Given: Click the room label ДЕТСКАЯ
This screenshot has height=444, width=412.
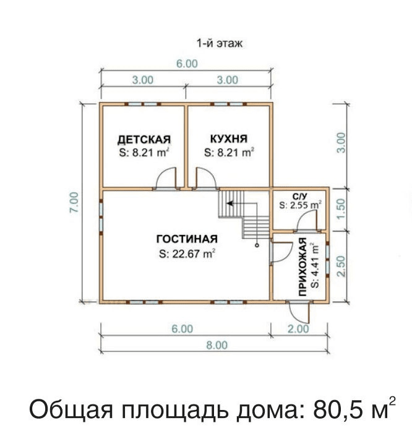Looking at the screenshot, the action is [x=144, y=140].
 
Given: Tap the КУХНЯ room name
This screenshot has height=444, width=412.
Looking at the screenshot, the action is [x=229, y=139].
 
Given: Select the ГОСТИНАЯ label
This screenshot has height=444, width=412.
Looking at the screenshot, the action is [x=187, y=239].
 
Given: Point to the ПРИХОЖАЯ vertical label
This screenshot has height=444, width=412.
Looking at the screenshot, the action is [x=303, y=267].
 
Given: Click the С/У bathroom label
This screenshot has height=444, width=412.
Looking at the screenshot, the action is [x=300, y=196].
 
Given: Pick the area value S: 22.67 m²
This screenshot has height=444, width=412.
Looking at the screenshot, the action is [x=186, y=254].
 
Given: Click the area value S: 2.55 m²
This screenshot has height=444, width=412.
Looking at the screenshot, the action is [x=301, y=205].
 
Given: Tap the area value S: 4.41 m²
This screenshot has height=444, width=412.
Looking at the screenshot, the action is [x=314, y=265].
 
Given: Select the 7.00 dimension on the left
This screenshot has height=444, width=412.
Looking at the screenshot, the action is [x=74, y=202].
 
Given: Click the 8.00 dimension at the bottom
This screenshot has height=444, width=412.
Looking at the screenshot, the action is [x=217, y=345].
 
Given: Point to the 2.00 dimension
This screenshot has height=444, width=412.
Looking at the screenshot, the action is [x=298, y=329].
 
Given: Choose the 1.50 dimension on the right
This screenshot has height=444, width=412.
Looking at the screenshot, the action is [x=341, y=208].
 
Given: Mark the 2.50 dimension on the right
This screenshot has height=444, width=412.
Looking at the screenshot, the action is [x=341, y=266].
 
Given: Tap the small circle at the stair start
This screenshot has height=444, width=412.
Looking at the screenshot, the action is [x=257, y=245].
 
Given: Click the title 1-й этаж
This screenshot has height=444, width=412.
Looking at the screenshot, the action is [x=220, y=43].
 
